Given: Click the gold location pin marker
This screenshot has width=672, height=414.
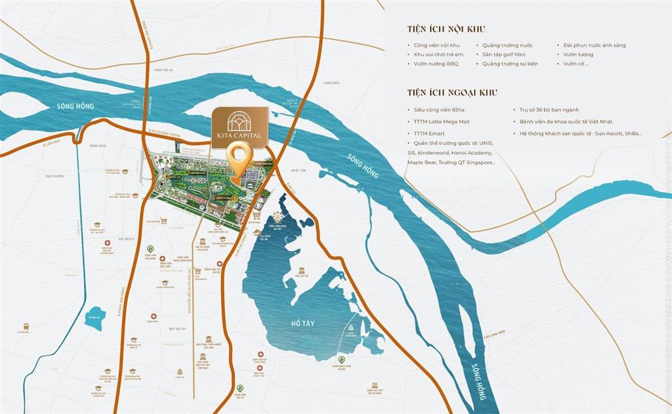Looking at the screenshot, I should coord(240,159).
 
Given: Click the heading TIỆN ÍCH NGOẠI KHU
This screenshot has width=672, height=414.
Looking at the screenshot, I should coord(452,93).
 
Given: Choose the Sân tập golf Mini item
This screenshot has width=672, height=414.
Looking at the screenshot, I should coord(509,54).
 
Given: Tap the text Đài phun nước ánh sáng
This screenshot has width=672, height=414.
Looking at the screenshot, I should coord(595,45).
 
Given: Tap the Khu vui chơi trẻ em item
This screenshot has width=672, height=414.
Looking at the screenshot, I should coord(438,54).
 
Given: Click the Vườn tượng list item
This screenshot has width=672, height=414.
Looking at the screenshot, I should coord(577,54).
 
